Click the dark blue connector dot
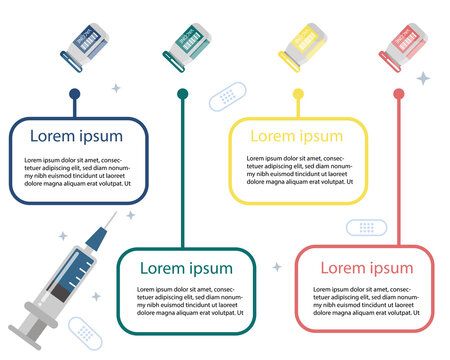(74, 95)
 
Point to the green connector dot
(182, 94)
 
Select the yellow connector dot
(298, 94)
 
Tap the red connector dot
(399, 94)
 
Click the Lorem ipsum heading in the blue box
(76, 136)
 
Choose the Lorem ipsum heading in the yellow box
(296, 136)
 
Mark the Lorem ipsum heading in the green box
(186, 268)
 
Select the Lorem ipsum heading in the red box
(366, 268)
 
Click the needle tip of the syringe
(128, 214)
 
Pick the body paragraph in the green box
(187, 302)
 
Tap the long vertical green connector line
(182, 170)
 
